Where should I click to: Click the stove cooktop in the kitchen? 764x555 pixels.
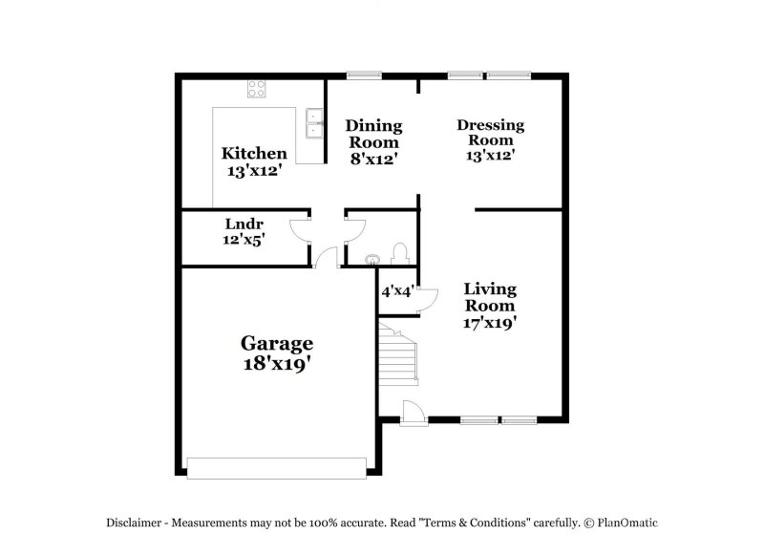[257, 90]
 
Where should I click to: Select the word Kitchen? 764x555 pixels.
[254, 154]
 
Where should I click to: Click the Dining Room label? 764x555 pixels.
[373, 134]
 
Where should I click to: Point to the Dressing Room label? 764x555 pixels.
[490, 133]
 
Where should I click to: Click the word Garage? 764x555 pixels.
[276, 343]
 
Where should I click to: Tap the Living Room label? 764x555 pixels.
[490, 297]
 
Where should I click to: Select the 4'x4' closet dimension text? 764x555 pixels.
[396, 291]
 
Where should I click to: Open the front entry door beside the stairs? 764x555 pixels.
[413, 412]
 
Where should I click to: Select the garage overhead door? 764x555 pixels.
[277, 467]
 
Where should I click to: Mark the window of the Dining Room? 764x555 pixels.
[364, 75]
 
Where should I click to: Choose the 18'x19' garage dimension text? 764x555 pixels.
[276, 363]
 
